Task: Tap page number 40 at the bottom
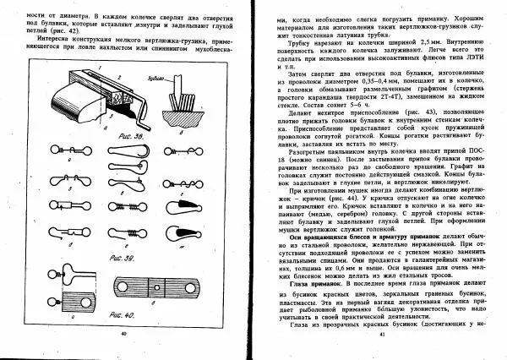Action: tap(123, 335)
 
